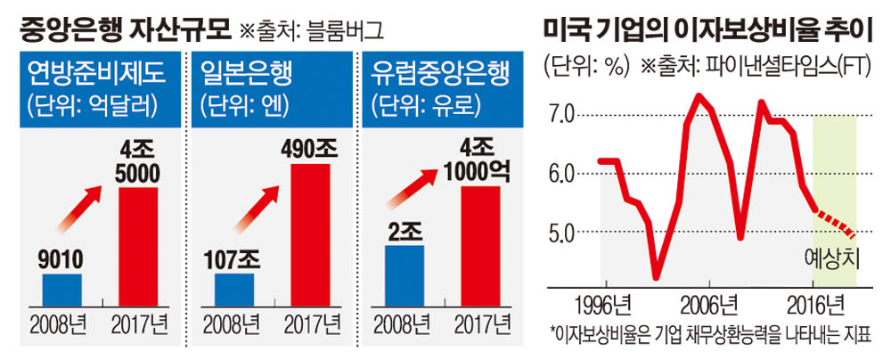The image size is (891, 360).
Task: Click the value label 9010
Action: (61, 260)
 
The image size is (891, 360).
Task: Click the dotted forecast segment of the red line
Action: (836, 223)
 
